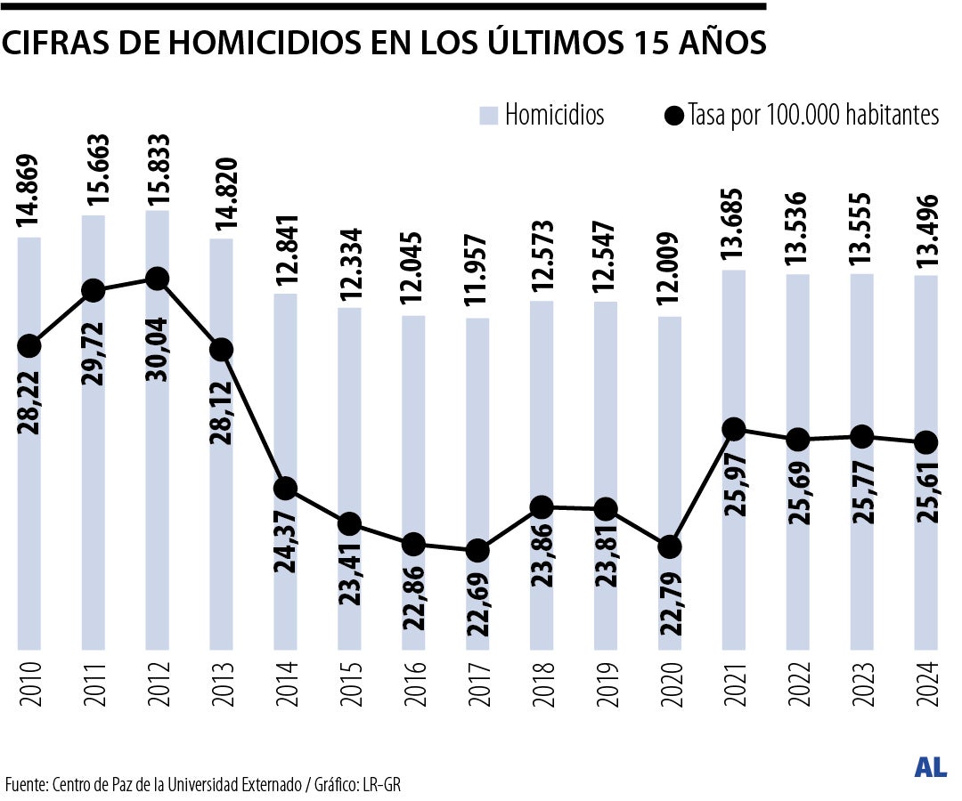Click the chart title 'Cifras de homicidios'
383,43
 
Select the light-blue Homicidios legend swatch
487,115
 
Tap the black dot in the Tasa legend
675,116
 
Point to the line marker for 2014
286,489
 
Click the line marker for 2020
670,546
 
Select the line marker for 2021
734,429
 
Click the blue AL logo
930,768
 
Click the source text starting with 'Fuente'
209,784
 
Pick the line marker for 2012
158,279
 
